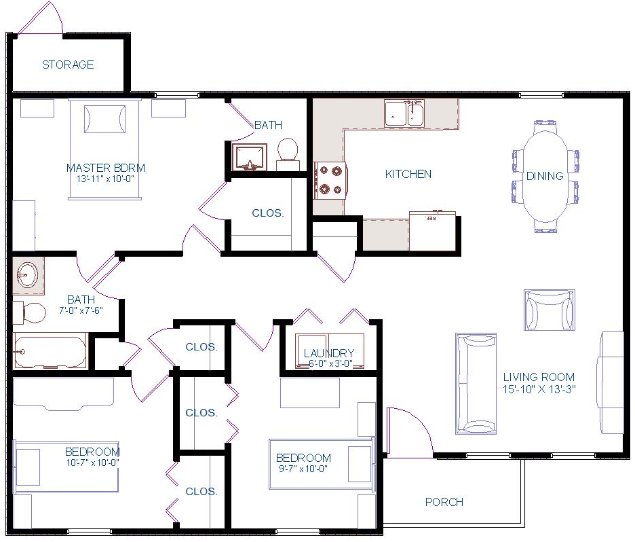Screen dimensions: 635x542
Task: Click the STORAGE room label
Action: [x=68, y=65]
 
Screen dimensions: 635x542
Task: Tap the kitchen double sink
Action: [x=404, y=113]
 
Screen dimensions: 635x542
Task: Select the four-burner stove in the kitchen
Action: [x=330, y=181]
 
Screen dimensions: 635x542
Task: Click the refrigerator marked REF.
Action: [x=433, y=231]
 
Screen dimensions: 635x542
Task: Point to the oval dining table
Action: [x=545, y=177]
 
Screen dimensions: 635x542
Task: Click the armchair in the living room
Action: [x=550, y=310]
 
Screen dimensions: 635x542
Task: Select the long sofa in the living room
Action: [x=476, y=384]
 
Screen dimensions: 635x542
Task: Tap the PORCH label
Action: [x=444, y=502]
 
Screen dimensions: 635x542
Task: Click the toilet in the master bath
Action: [x=288, y=154]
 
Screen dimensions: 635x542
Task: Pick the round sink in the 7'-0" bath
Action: [x=27, y=275]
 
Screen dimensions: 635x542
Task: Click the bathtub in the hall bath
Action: [x=50, y=351]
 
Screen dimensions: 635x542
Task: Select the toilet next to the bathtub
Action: [x=30, y=313]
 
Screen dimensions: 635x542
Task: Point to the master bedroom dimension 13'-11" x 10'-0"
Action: [x=105, y=179]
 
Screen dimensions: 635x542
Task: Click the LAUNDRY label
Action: [x=329, y=353]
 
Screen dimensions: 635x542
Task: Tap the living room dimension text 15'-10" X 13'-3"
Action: [x=539, y=389]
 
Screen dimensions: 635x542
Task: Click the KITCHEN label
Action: [x=408, y=175]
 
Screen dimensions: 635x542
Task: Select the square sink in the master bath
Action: [x=250, y=157]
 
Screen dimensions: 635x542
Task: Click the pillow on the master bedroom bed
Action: [x=104, y=119]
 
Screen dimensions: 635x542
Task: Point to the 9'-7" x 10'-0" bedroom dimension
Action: [x=303, y=469]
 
